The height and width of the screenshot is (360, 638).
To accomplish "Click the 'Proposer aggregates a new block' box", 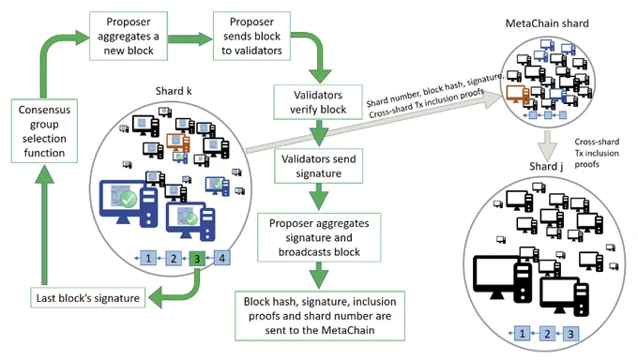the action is (129, 36).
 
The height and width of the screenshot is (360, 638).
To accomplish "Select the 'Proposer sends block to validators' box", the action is (251, 36).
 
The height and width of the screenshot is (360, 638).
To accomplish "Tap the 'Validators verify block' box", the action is (318, 102).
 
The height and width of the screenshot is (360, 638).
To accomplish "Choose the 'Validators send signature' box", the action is (318, 166).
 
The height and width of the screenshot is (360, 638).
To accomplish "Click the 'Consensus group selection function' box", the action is (44, 131).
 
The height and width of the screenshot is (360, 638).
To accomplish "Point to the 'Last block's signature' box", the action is (88, 298).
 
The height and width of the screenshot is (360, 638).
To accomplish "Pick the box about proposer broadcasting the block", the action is (319, 237).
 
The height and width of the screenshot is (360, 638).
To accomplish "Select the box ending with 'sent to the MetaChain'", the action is (320, 316).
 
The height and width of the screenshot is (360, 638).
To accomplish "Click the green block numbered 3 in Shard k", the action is (197, 259).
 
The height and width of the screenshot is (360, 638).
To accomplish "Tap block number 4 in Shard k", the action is (221, 258).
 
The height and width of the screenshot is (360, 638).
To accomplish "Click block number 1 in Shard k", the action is (148, 258).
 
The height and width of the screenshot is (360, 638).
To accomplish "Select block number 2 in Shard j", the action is (547, 334).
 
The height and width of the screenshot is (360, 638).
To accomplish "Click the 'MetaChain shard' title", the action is (547, 23).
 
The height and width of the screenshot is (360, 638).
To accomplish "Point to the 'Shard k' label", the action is (174, 91).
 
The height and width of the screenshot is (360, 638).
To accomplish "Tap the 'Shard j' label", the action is (546, 166).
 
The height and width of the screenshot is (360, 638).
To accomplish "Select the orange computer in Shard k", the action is (178, 142).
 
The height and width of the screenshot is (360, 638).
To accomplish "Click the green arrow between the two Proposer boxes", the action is (190, 38).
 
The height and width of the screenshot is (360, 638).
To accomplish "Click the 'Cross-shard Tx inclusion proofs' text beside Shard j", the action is (597, 153).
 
